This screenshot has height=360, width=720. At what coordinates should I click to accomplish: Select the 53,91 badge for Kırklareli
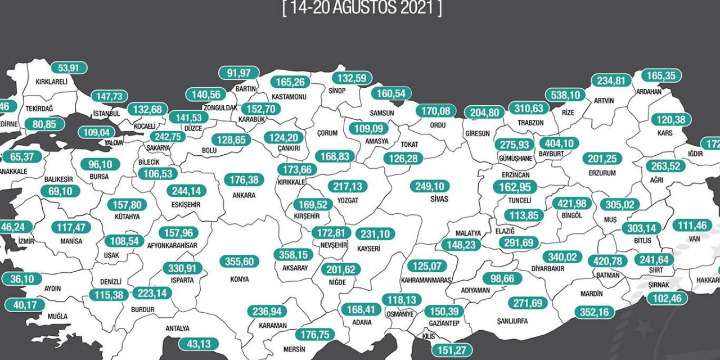pos(70,68)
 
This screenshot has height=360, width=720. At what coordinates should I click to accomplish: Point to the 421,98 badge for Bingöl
pos(570,203)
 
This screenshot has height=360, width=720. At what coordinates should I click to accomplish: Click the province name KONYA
pos(240,278)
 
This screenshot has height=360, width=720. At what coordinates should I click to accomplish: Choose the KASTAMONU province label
pos(289,97)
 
